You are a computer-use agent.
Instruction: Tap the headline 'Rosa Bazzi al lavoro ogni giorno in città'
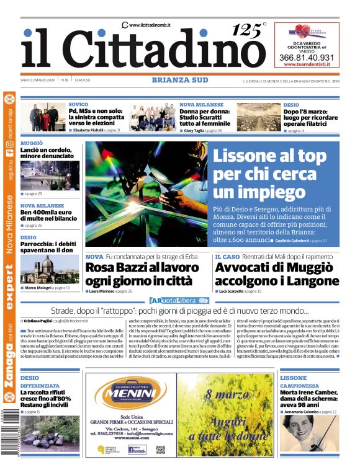pos(142,273)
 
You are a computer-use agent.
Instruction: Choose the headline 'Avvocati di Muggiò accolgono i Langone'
pos(277,273)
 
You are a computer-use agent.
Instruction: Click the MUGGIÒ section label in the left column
pos(32,143)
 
